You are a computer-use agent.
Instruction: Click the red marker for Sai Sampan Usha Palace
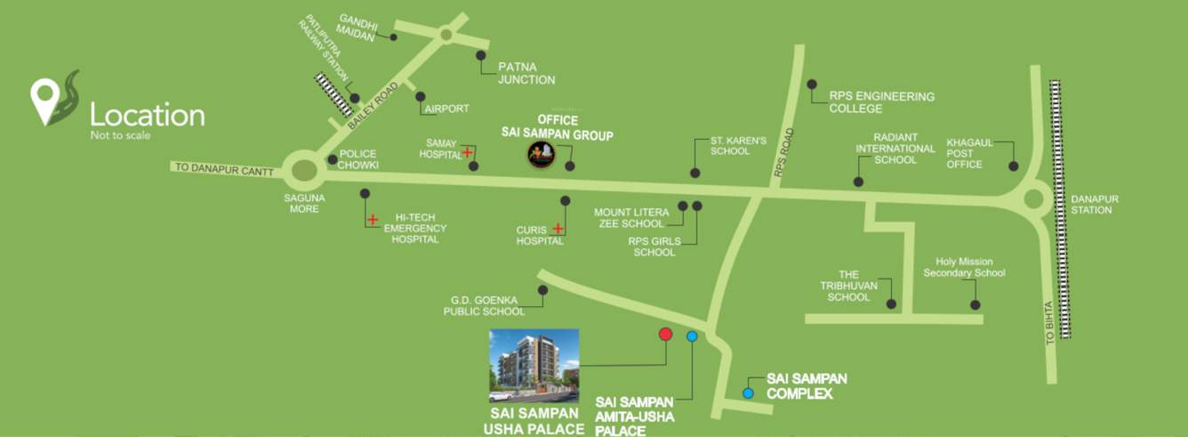click(x=664, y=334)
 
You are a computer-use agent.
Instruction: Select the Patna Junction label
click(x=526, y=73)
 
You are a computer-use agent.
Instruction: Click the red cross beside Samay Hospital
click(x=467, y=152)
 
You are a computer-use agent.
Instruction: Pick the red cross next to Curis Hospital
click(x=558, y=229)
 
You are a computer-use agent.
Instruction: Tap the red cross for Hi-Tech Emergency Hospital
click(x=373, y=219)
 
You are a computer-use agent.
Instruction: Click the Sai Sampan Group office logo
click(x=542, y=155)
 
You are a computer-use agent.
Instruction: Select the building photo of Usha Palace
click(x=534, y=366)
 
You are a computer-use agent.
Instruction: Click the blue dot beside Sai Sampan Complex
click(x=748, y=392)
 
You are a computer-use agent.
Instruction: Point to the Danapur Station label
click(x=1094, y=205)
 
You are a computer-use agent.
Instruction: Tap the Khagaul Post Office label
click(x=969, y=153)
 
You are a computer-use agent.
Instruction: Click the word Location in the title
click(x=148, y=115)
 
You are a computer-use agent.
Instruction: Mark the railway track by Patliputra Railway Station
click(x=334, y=93)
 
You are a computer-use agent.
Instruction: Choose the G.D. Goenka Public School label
click(x=485, y=305)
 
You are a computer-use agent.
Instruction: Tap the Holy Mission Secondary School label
click(x=964, y=267)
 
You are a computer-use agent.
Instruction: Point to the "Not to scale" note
click(x=120, y=136)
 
